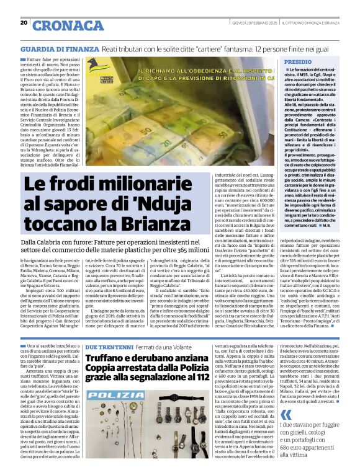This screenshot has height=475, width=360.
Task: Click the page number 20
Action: [x=24, y=22]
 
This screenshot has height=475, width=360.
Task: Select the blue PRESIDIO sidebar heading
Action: [x=299, y=63]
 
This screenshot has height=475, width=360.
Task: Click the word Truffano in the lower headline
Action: [x=107, y=358]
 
